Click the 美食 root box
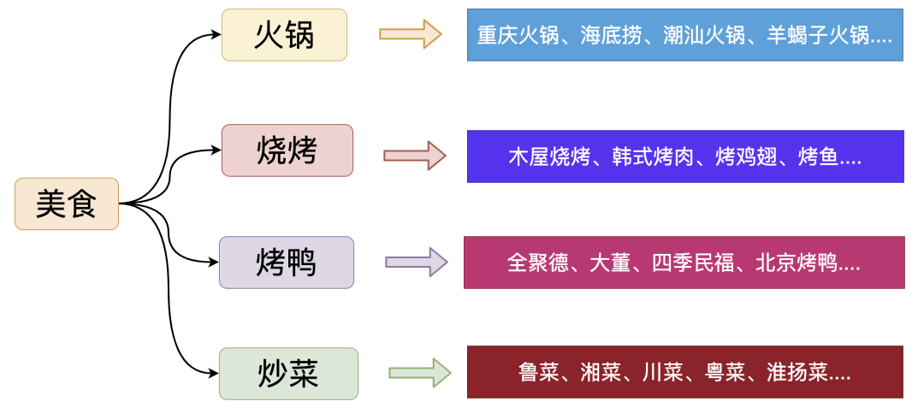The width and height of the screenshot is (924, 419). [67, 204]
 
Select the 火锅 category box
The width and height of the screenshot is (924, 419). [284, 35]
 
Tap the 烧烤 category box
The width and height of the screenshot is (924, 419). [287, 150]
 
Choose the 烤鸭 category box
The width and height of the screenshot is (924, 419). [287, 263]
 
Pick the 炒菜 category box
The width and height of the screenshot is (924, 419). [288, 374]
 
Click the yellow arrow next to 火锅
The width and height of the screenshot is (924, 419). [410, 33]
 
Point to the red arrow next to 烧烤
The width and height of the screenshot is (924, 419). [415, 156]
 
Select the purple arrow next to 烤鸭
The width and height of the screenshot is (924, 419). [417, 262]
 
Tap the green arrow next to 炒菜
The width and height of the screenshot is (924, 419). [419, 373]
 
